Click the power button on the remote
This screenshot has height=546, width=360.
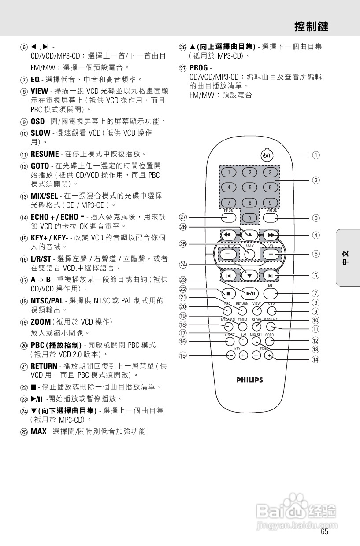click(x=267, y=155)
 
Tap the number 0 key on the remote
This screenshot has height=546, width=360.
click(x=250, y=218)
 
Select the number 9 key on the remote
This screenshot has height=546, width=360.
click(x=270, y=203)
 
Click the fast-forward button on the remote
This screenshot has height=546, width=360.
click(x=271, y=236)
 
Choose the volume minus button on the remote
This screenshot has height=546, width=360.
click(x=227, y=254)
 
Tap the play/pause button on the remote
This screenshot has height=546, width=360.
click(x=250, y=293)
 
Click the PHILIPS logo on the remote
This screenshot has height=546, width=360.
click(x=249, y=380)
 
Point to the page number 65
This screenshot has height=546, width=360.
click(x=324, y=531)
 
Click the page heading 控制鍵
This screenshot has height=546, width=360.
click(x=311, y=27)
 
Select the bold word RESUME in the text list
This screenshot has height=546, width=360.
click(x=45, y=154)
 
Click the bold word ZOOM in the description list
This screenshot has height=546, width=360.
click(x=41, y=322)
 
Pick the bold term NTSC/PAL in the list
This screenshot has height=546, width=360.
click(x=47, y=300)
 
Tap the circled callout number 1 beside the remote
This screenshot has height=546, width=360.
click(x=316, y=155)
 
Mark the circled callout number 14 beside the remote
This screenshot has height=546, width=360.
click(x=316, y=359)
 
